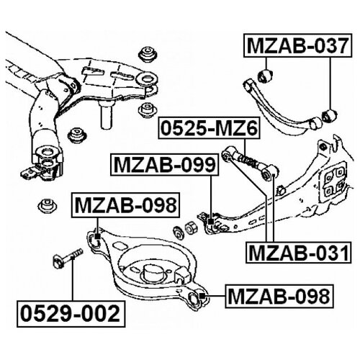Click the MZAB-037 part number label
(297, 45)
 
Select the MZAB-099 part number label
(165, 165)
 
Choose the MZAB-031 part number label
(299, 253)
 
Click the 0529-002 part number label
(71, 314)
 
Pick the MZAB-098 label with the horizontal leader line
(279, 296)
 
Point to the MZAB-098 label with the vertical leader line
(125, 205)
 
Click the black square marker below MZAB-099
(210, 222)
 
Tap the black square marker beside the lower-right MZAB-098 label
(202, 296)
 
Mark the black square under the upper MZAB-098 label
(97, 236)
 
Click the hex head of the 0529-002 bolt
(58, 261)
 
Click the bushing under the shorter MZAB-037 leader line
(265, 76)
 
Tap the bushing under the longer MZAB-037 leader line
(329, 115)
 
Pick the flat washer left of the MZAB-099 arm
(179, 233)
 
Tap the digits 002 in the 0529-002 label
(101, 314)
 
